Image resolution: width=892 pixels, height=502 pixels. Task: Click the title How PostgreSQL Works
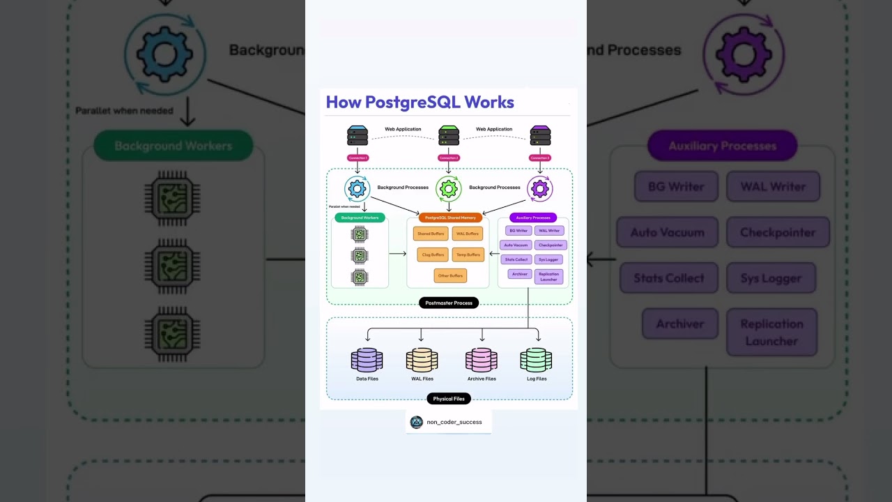tap(420, 102)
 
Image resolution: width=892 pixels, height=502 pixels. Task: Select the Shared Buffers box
tap(430, 234)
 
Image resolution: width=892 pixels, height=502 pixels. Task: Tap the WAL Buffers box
tap(467, 234)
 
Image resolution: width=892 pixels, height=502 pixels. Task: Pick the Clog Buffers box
tap(433, 254)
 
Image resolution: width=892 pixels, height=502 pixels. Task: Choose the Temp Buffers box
tap(468, 254)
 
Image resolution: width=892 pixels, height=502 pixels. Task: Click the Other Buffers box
tap(450, 275)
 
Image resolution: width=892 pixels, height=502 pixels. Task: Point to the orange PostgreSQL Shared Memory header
tap(450, 218)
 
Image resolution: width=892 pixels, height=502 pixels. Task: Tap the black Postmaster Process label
tap(449, 303)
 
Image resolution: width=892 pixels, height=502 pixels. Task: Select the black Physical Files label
tap(449, 399)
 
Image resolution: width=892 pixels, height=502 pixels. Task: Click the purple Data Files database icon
tap(367, 360)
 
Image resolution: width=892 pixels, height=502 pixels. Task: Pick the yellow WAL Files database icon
tap(422, 360)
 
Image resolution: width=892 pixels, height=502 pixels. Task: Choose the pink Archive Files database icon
tap(482, 360)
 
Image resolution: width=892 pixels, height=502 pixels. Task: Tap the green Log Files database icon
tap(536, 360)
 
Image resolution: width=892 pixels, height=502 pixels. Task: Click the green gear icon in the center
tap(449, 188)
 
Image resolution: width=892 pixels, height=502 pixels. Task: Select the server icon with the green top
tap(449, 135)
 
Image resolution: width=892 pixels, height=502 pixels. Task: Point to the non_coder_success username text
tap(454, 422)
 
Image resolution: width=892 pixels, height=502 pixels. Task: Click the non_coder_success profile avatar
tap(416, 422)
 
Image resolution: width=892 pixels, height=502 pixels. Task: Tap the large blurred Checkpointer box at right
tap(778, 232)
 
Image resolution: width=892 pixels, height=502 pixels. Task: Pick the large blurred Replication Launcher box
tap(771, 333)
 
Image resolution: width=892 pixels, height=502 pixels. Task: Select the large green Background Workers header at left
tap(173, 146)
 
